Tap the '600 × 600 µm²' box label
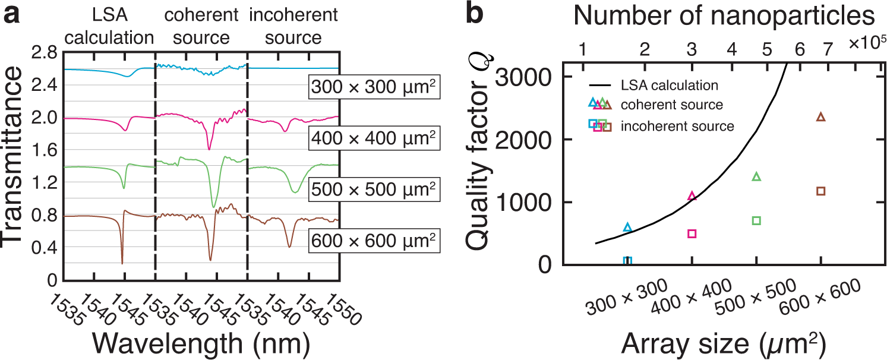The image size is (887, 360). pyautogui.click(x=374, y=241)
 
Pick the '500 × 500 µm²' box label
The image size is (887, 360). pyautogui.click(x=374, y=190)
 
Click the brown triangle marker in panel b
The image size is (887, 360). pyautogui.click(x=821, y=117)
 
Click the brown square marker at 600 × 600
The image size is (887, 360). pyautogui.click(x=821, y=191)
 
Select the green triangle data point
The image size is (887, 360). pyautogui.click(x=756, y=176)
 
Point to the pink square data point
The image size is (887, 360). pyautogui.click(x=692, y=233)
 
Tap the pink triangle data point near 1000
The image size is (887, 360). pyautogui.click(x=692, y=196)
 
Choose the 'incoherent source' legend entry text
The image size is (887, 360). pyautogui.click(x=677, y=126)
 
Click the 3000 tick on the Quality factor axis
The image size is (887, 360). pyautogui.click(x=525, y=77)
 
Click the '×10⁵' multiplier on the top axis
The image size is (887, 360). pyautogui.click(x=867, y=43)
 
